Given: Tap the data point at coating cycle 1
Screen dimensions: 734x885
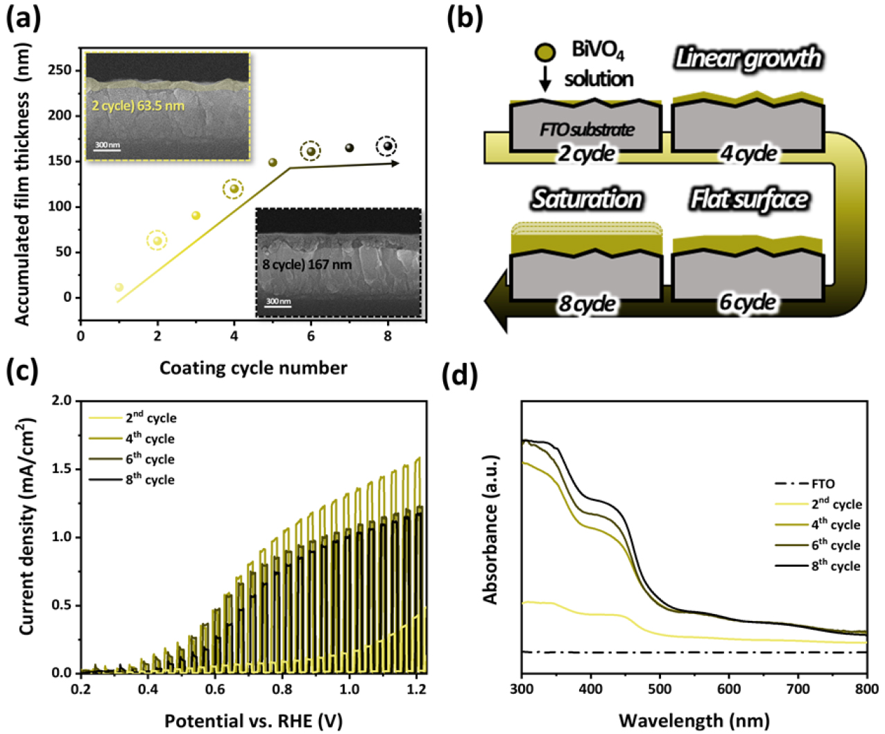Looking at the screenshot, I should coord(119,287).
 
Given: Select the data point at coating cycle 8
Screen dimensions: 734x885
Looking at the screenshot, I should coord(387,146).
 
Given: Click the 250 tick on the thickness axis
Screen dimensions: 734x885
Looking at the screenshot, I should coord(61,70).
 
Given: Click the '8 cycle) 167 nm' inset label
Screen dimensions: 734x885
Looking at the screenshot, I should coord(307,264).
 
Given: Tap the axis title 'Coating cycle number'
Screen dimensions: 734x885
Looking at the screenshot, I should coord(253,367).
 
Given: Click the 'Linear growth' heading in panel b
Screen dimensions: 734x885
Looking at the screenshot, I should coord(748,58).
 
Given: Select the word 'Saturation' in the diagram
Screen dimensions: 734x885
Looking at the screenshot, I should coord(587,200).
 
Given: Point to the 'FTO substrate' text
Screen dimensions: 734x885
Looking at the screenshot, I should coord(587,130).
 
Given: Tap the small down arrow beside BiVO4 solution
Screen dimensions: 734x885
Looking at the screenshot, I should coord(545,78).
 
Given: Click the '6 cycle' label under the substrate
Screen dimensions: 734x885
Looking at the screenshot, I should coord(748,302).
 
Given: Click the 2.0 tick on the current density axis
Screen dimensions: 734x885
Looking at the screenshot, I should coord(62,401).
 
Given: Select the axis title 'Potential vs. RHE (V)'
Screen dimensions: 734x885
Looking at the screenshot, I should coord(253,721).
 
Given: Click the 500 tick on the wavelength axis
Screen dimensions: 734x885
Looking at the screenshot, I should coord(660,688).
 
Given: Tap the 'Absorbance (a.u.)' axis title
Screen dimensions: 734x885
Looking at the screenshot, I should coord(491,529).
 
